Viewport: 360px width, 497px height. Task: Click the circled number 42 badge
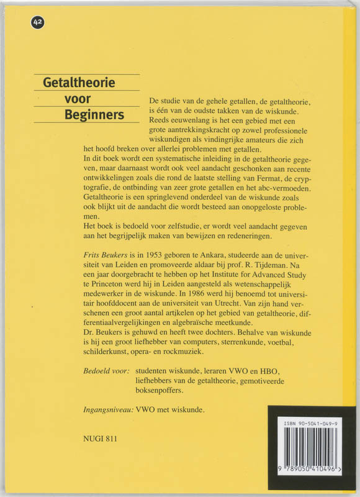click(38, 23)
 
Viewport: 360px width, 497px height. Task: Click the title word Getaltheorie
click(79, 82)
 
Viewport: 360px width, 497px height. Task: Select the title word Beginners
click(94, 115)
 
